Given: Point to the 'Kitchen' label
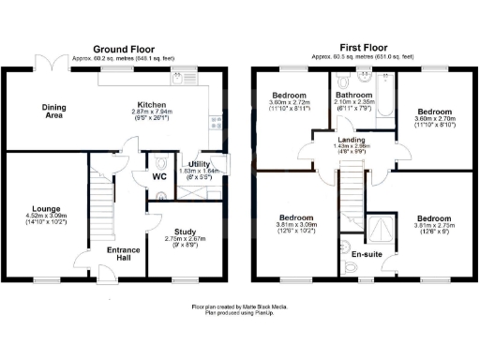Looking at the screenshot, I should pyautogui.click(x=152, y=104).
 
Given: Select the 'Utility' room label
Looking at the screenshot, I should pyautogui.click(x=200, y=164).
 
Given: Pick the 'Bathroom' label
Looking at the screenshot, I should pyautogui.click(x=356, y=94).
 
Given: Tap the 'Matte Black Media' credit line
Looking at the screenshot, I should pyautogui.click(x=241, y=307).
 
